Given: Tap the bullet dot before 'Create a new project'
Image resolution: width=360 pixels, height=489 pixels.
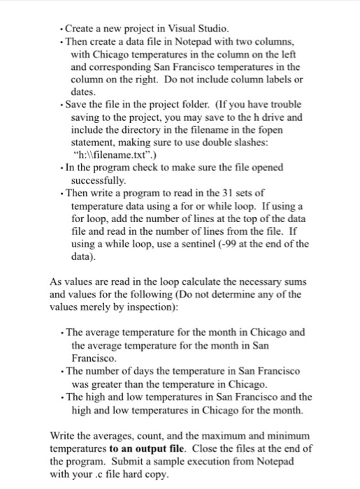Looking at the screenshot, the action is coord(62,29).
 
